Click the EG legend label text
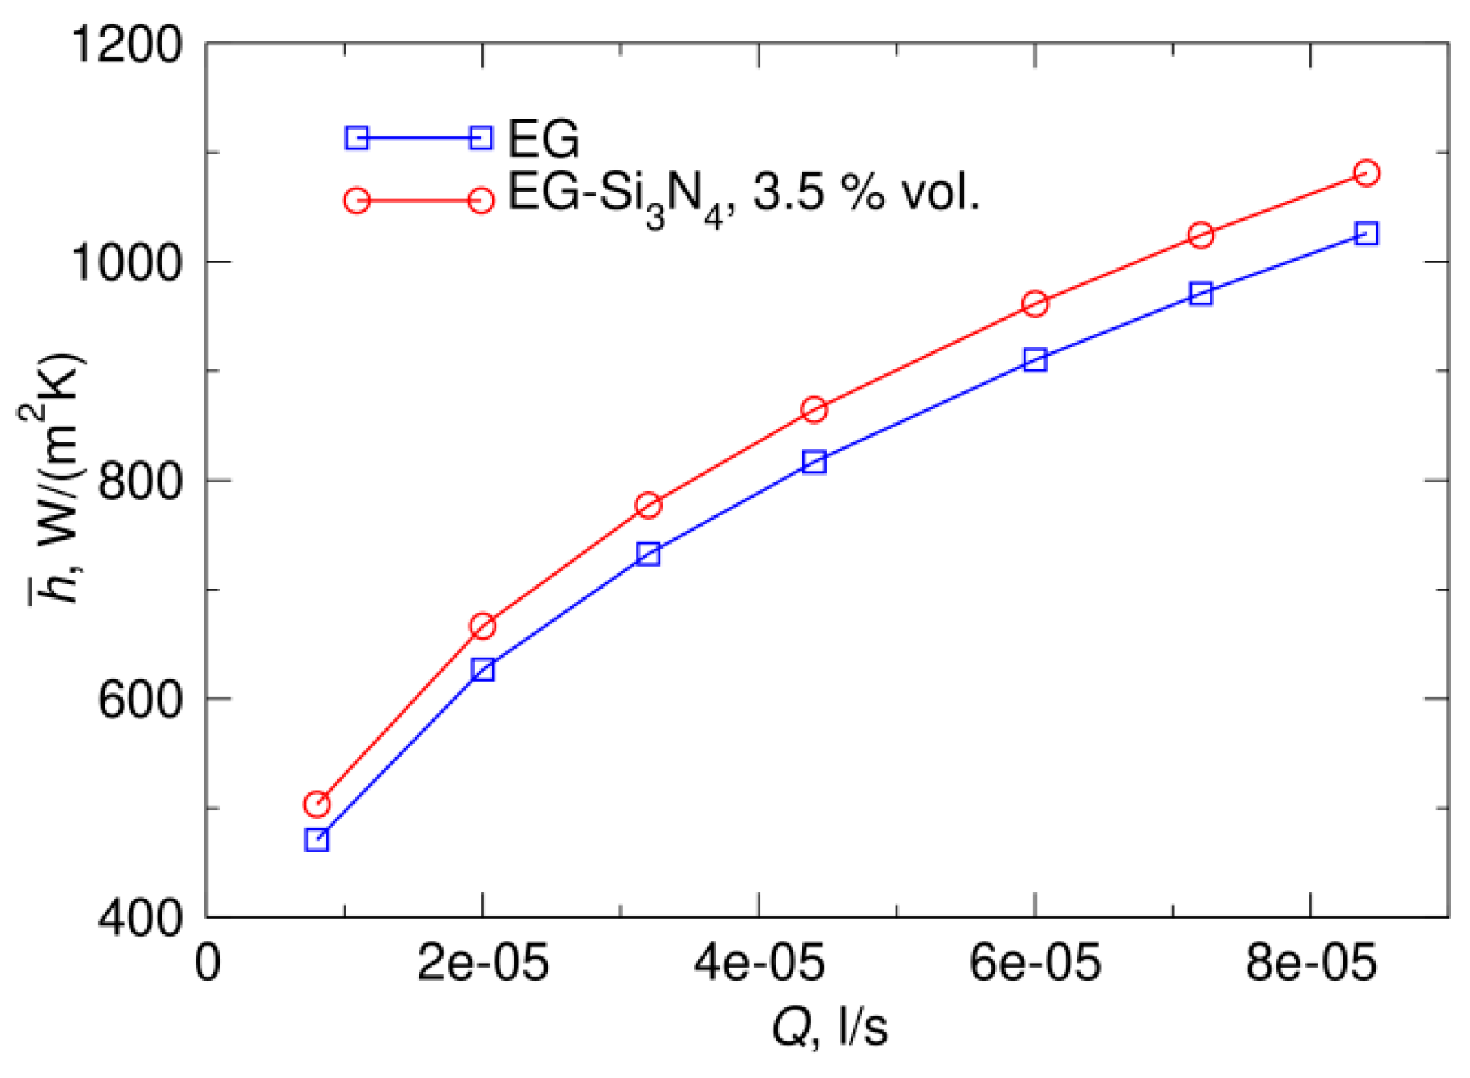click(544, 139)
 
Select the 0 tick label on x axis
click(208, 964)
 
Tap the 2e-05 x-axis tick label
click(483, 964)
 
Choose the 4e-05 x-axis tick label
click(759, 964)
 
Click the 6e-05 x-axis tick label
click(1035, 964)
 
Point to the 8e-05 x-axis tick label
click(1311, 964)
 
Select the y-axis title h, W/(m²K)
click(54, 479)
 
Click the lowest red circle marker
click(317, 804)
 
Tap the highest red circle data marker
click(1367, 173)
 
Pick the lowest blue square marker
click(317, 840)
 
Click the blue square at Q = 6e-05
click(1035, 360)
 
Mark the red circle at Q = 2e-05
click(483, 626)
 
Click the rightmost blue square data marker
click(1367, 234)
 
